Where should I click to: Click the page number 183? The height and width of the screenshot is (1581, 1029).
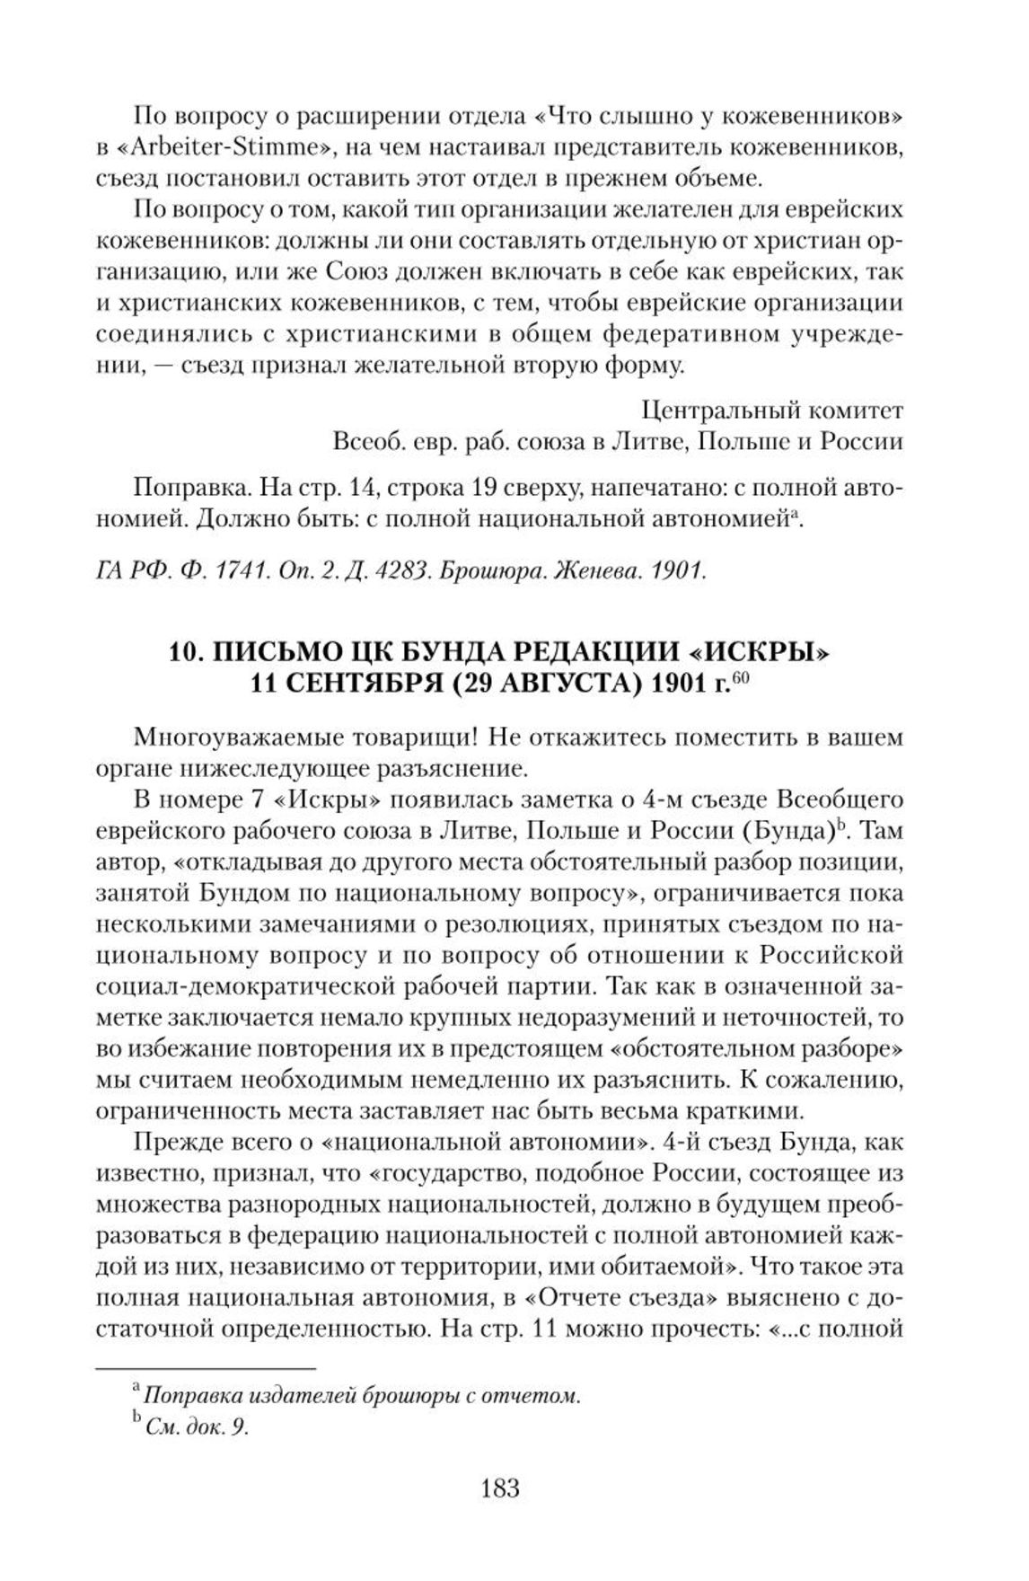click(x=500, y=1488)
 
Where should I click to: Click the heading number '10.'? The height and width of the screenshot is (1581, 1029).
click(x=186, y=653)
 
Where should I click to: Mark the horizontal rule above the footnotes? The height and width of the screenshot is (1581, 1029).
click(x=206, y=1368)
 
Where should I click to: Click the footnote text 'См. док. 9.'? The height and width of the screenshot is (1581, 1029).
click(x=196, y=1428)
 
